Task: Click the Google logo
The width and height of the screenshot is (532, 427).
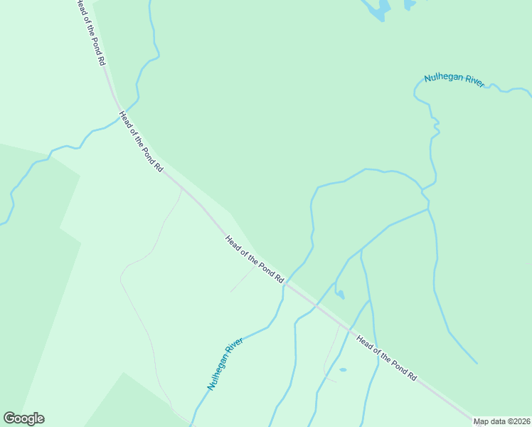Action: pyautogui.click(x=23, y=418)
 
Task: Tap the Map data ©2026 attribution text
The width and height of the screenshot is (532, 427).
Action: pyautogui.click(x=501, y=421)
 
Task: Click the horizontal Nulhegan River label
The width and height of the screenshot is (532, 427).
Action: pyautogui.click(x=454, y=80)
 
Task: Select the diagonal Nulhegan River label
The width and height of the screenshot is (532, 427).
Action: pyautogui.click(x=225, y=363)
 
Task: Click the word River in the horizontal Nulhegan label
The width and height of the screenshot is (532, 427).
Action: pyautogui.click(x=474, y=82)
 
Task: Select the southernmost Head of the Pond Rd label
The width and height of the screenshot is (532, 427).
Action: pyautogui.click(x=386, y=357)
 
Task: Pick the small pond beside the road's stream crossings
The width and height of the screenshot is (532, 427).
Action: pyautogui.click(x=341, y=295)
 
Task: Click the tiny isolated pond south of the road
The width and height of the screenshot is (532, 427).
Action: pyautogui.click(x=343, y=370)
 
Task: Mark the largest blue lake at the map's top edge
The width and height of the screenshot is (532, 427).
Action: pyautogui.click(x=377, y=9)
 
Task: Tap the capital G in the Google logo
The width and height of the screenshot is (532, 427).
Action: pyautogui.click(x=10, y=418)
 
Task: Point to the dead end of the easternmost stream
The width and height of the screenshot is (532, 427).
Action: pyautogui.click(x=477, y=363)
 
